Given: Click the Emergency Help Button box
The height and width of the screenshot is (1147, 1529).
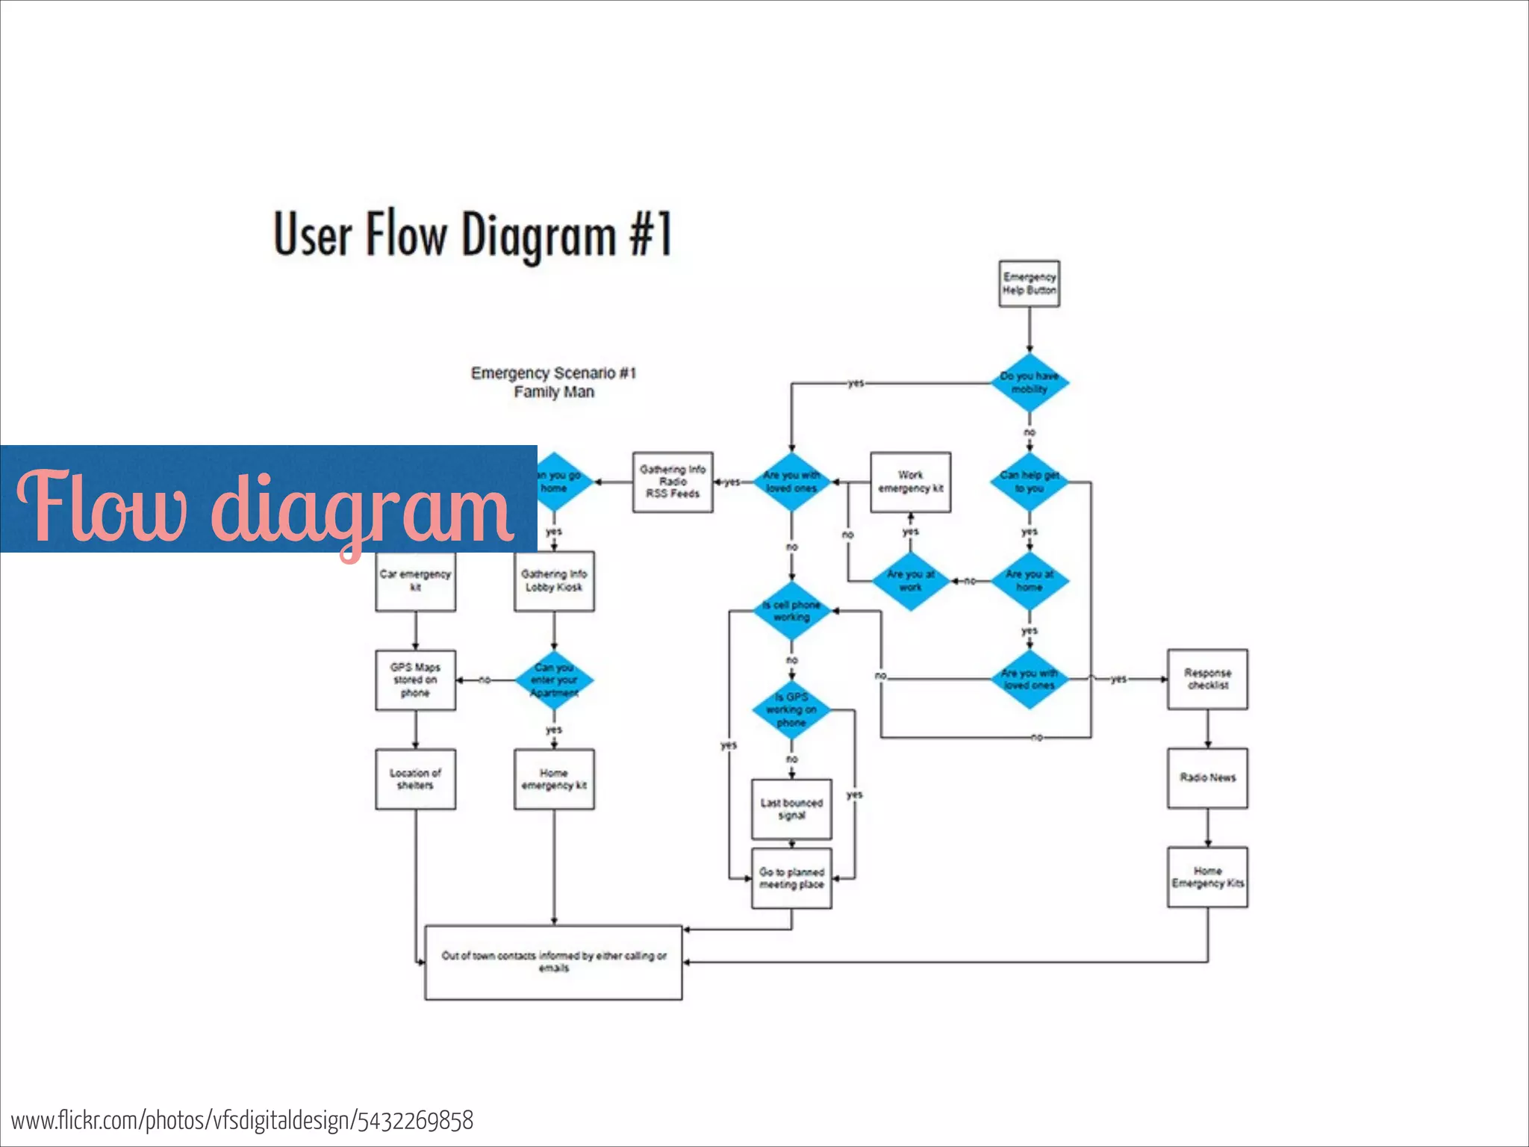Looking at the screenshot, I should coord(1029,284).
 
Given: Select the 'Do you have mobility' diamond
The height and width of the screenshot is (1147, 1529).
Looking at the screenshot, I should coord(1029,383).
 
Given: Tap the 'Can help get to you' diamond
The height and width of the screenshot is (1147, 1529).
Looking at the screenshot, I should coord(1029,482).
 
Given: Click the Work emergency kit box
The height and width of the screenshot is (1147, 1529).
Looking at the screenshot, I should coord(910,482).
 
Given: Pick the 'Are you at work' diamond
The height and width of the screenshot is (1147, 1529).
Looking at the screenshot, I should coord(910,581).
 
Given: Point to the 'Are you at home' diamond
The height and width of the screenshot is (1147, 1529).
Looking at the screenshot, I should coord(1029,581).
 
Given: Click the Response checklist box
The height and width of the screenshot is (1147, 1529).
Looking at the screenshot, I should coord(1207,680).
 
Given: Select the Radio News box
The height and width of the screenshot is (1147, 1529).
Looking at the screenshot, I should coord(1207,778).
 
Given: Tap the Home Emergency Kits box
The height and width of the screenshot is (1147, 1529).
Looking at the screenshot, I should coord(1207,877).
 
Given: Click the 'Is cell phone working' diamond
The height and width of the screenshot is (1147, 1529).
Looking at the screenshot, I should coord(791,611).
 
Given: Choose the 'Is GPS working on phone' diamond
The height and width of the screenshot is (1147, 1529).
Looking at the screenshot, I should coord(791,709).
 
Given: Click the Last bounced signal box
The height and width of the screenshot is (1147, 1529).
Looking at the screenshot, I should coord(791,809).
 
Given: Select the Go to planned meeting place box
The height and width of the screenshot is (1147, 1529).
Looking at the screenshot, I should coord(791,878).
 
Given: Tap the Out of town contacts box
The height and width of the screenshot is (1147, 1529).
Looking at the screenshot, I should coord(553,962).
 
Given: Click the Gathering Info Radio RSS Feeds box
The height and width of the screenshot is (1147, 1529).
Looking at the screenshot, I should coord(673,482).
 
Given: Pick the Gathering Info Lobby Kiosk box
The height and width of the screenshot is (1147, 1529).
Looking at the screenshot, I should coord(554,581).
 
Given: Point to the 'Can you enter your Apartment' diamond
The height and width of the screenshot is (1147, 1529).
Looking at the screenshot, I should coord(554,680).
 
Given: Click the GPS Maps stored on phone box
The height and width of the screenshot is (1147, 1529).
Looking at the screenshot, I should coord(415,680).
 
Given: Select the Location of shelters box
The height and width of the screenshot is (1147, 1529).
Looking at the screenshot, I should coord(415,779).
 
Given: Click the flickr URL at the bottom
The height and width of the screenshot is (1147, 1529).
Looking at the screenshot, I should coord(243,1121).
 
